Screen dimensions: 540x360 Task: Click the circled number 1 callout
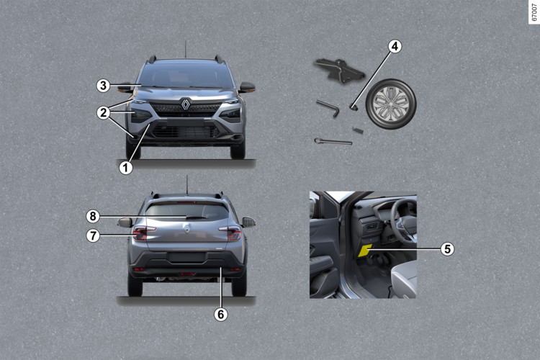[x=126, y=168]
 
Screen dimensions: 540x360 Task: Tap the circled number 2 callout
[x=103, y=112]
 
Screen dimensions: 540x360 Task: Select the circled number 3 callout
[x=103, y=86]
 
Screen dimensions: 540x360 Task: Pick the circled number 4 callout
[x=395, y=46]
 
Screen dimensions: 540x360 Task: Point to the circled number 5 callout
[x=447, y=248]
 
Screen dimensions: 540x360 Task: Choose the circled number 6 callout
[x=220, y=314]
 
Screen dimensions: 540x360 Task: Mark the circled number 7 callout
[x=93, y=235]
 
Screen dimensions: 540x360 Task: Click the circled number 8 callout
[x=93, y=216]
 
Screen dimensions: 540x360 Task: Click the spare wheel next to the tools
[x=391, y=104]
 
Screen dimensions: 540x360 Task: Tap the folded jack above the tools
[x=338, y=71]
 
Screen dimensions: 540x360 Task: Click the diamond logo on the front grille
[x=186, y=104]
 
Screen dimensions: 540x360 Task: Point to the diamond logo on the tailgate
[x=186, y=228]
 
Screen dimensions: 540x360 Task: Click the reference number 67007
[x=534, y=13]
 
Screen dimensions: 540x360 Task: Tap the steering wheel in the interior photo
[x=405, y=220]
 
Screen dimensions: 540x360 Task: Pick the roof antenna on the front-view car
[x=186, y=49]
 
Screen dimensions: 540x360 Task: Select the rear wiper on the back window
[x=197, y=217]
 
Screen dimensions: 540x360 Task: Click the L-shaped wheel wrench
[x=328, y=109]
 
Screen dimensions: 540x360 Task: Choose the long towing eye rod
[x=333, y=141]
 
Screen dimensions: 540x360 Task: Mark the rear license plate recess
[x=186, y=257]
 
